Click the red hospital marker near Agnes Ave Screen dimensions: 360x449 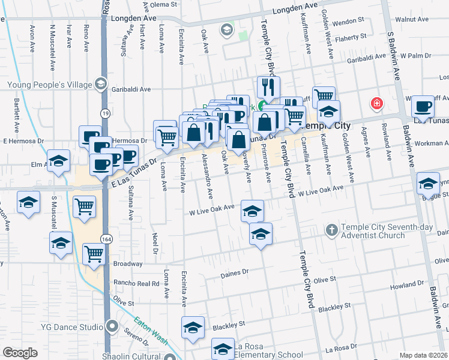377,104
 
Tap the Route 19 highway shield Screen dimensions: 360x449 104,112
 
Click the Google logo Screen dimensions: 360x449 20,353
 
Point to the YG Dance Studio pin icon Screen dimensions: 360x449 112,327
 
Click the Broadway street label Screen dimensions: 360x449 127,263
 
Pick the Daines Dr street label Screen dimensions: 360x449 235,272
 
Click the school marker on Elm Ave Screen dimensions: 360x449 59,161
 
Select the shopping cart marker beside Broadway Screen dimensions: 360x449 94,254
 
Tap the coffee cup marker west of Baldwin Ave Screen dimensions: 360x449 423,106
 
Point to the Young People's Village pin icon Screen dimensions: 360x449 101,85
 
